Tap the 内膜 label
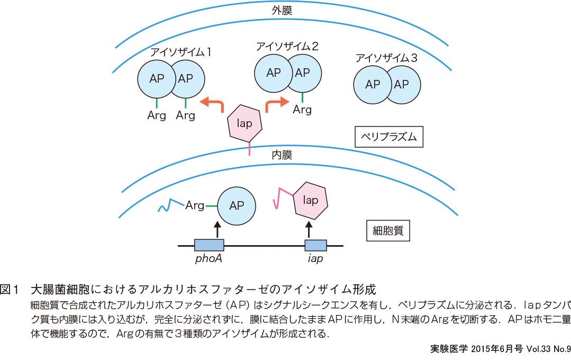pos(282,155)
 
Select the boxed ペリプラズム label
pos(389,138)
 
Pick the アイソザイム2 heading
pos(287,46)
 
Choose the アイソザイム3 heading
pos(387,58)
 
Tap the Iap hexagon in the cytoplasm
pos(310,201)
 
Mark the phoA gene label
pos(209,259)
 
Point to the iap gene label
pos(315,259)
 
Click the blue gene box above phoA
pos(209,245)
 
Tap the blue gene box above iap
pos(315,245)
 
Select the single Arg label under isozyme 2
pos(302,110)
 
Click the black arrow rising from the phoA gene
pos(216,230)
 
